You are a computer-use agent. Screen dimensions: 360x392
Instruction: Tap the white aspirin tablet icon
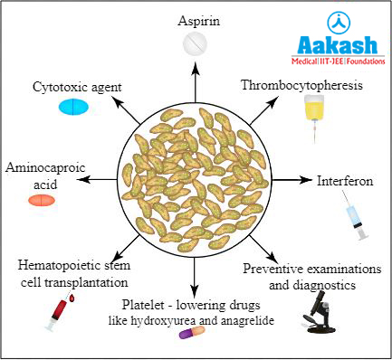[195, 43]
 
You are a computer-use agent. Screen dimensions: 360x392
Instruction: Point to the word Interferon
[344, 180]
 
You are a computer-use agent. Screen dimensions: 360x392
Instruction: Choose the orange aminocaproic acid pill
[42, 200]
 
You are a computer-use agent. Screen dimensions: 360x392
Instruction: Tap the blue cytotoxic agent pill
[77, 108]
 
